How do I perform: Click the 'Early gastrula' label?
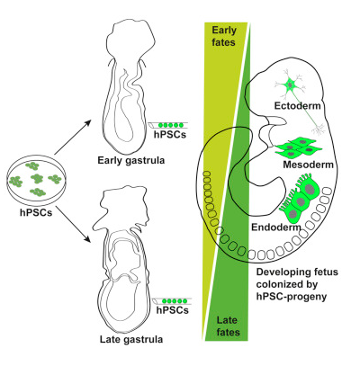click(131, 161)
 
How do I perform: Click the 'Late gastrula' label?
click(131, 339)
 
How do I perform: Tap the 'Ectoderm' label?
click(297, 106)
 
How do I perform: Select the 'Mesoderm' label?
click(308, 165)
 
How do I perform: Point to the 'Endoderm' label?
click(276, 227)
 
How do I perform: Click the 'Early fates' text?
click(224, 36)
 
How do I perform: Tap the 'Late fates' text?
click(228, 326)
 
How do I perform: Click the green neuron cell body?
click(290, 85)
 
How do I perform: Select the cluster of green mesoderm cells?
click(298, 147)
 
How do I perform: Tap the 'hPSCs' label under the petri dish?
click(36, 212)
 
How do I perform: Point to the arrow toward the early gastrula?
click(72, 138)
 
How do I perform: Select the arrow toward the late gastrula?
click(73, 224)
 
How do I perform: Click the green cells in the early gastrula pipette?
click(170, 125)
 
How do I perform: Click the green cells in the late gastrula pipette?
click(174, 301)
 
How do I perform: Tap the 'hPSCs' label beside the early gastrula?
click(170, 134)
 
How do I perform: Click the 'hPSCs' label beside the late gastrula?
click(173, 309)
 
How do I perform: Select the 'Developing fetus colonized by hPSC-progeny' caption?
click(297, 284)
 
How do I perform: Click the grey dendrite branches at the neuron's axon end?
click(319, 129)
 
